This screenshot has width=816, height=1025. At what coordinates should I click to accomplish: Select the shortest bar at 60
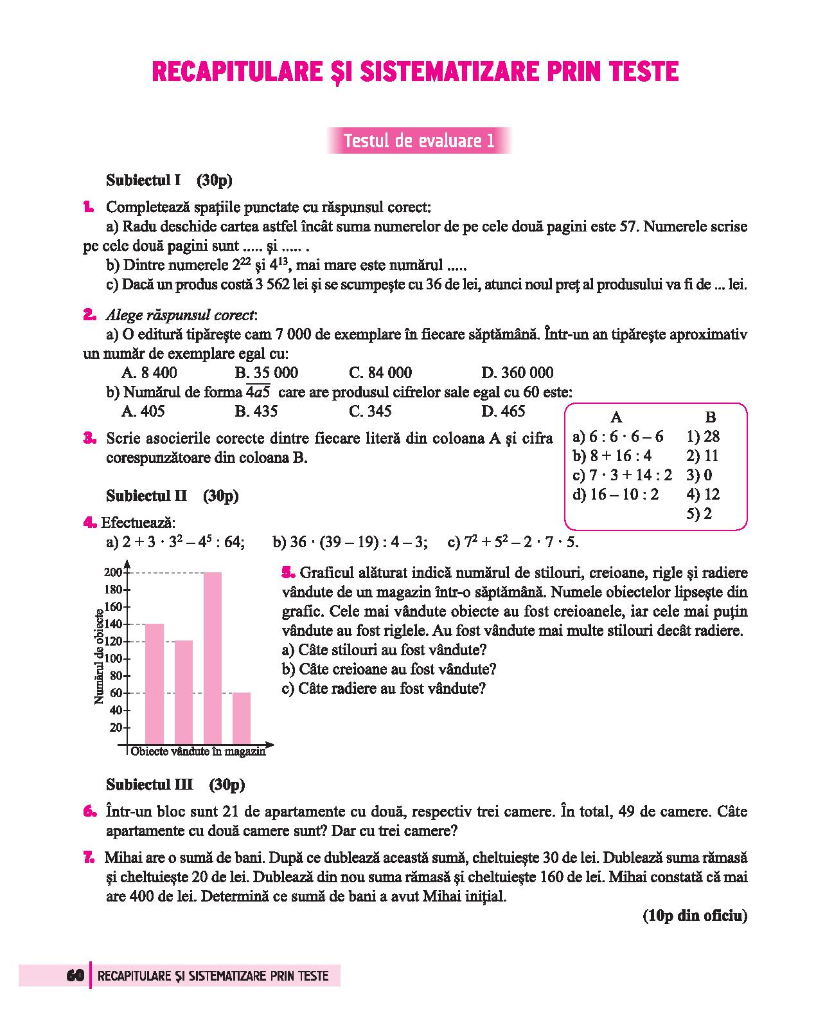coord(241,718)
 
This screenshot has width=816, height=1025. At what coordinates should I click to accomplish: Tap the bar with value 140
coord(154,683)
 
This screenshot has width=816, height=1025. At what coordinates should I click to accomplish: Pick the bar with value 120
coord(184,692)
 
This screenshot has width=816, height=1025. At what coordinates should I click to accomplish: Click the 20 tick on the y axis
coord(116,728)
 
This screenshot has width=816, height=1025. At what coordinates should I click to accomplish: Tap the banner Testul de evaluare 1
coord(419,141)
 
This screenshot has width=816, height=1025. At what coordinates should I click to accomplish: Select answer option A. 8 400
coord(149,373)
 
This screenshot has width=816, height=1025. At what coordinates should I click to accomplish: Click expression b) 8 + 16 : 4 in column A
coord(612,456)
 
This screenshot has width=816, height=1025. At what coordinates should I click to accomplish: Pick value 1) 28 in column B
coord(703,437)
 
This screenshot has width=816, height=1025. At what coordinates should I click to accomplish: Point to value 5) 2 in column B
coord(698,514)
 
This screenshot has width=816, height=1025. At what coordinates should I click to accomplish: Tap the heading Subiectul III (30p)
coord(175,785)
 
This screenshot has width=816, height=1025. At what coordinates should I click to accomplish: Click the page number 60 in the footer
coord(75,975)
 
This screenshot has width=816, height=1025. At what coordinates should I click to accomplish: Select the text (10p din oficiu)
coord(695,916)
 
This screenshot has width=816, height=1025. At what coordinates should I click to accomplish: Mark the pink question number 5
coord(288,572)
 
